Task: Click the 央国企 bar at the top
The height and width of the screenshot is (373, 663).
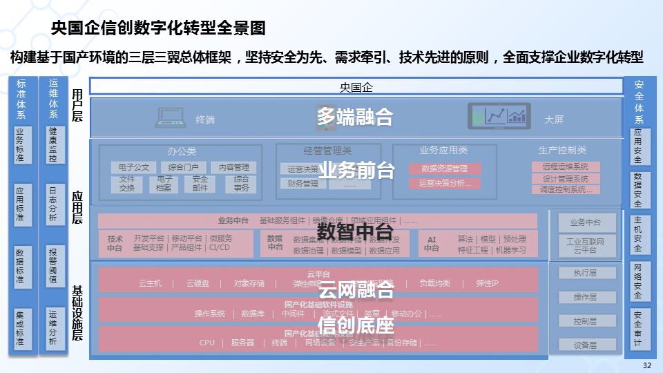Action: click(x=356, y=87)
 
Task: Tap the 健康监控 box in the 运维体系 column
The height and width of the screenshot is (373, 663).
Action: click(x=53, y=144)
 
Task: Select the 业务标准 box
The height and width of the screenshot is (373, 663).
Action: click(x=20, y=144)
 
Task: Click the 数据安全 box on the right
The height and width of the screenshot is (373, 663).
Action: click(x=637, y=189)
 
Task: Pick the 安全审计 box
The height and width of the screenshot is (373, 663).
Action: click(x=637, y=328)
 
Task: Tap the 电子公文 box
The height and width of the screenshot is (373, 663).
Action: click(x=133, y=167)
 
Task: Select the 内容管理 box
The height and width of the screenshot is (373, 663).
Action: click(x=233, y=167)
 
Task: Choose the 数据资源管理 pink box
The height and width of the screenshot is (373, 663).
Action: click(x=444, y=169)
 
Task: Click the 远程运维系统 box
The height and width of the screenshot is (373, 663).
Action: click(x=565, y=166)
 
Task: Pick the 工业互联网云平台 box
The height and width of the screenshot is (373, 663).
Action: click(x=585, y=246)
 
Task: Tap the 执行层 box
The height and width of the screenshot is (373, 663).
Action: click(x=585, y=273)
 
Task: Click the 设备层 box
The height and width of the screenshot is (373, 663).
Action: click(x=585, y=345)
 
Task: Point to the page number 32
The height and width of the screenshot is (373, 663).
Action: click(x=646, y=365)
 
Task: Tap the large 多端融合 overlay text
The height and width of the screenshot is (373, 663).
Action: click(x=355, y=116)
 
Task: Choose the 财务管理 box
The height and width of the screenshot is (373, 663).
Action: click(x=302, y=184)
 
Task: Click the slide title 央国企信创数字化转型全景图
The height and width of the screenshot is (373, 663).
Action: click(x=158, y=28)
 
